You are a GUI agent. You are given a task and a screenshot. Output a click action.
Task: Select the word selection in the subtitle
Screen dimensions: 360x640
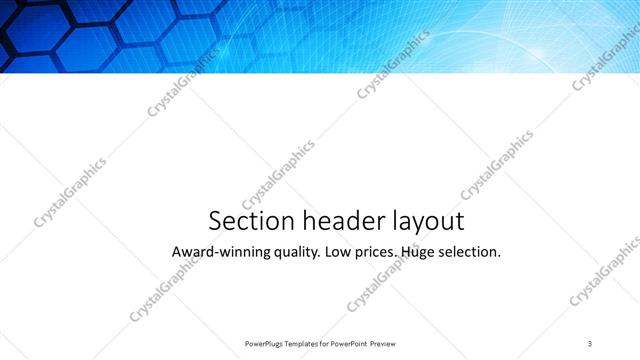pyautogui.click(x=469, y=252)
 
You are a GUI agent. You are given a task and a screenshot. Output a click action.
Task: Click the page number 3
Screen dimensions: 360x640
pyautogui.click(x=591, y=343)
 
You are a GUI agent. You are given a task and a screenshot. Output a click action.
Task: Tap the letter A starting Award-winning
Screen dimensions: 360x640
pyautogui.click(x=178, y=252)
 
